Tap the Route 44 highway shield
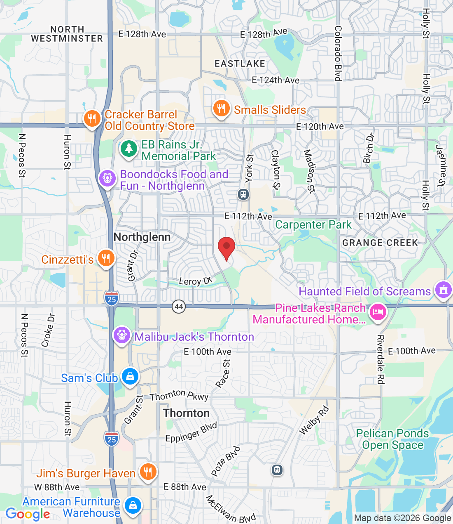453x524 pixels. pyautogui.click(x=179, y=307)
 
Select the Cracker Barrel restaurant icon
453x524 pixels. pyautogui.click(x=92, y=119)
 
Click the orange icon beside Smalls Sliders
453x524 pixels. pyautogui.click(x=221, y=109)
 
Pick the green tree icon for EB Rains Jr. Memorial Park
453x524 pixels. pyautogui.click(x=128, y=149)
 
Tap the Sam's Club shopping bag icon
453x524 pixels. pyautogui.click(x=130, y=377)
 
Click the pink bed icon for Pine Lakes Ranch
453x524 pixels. pyautogui.click(x=377, y=312)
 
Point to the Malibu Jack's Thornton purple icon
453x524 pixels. pyautogui.click(x=122, y=335)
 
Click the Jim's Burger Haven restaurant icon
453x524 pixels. pyautogui.click(x=148, y=472)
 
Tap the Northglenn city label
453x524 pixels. pyautogui.click(x=142, y=237)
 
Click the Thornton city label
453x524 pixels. pyautogui.click(x=186, y=413)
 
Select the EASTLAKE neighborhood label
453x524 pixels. pyautogui.click(x=240, y=64)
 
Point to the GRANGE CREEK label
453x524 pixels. pyautogui.click(x=380, y=243)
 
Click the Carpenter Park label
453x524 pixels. pyautogui.click(x=313, y=225)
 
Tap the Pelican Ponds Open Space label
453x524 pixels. pyautogui.click(x=392, y=439)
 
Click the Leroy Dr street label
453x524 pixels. pyautogui.click(x=196, y=281)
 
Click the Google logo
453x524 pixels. pyautogui.click(x=28, y=514)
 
